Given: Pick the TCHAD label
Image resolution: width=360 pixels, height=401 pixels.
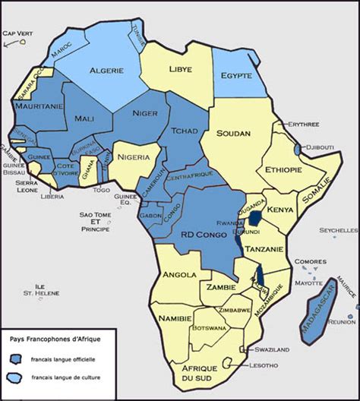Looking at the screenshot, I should point(185,130).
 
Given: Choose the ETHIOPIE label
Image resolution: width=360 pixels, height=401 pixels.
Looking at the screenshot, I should point(279,169).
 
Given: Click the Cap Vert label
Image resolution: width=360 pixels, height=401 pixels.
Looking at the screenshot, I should point(17,33).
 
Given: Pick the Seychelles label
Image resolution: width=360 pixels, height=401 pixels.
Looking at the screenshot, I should point(339,230).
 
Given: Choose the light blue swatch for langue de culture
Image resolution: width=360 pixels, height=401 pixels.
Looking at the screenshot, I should point(15,377).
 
